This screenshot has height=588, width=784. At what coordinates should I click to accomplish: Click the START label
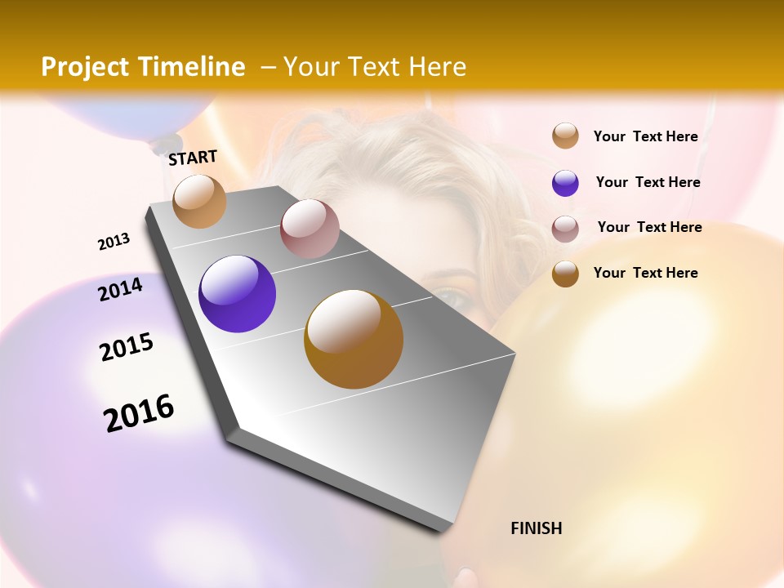click(193, 157)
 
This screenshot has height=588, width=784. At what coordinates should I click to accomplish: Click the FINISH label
click(536, 528)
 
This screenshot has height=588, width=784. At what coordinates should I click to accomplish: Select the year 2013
click(114, 242)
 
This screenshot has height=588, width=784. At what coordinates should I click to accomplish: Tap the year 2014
click(120, 289)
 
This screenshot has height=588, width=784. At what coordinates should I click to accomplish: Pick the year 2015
click(127, 347)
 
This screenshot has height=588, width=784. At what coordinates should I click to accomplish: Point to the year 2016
click(139, 413)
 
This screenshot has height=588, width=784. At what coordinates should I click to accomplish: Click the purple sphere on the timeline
click(237, 294)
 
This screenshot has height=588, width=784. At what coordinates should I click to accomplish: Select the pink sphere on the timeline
click(310, 229)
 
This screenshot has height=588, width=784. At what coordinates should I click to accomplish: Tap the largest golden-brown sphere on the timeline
click(353, 339)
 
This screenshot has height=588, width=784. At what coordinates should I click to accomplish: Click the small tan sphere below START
click(199, 201)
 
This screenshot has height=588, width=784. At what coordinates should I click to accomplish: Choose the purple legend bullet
click(565, 183)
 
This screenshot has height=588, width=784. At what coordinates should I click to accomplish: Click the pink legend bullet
click(565, 228)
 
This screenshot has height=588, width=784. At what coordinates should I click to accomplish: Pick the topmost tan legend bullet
click(565, 136)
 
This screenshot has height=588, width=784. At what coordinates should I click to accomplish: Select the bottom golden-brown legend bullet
click(565, 274)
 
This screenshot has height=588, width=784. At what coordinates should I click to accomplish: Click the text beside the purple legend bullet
click(648, 182)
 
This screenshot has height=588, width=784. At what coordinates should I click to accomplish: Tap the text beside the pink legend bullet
click(649, 227)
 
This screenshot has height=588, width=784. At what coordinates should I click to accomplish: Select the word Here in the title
click(437, 67)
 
